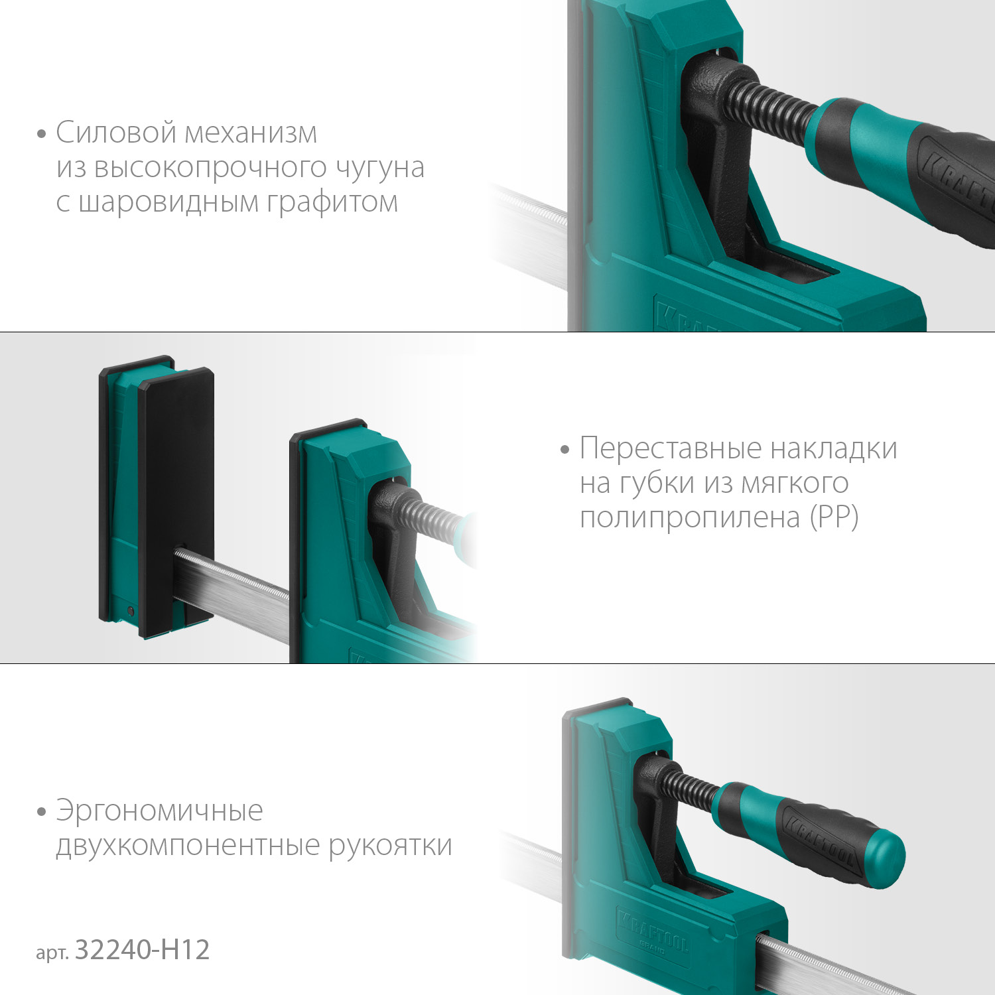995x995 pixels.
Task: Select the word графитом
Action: pyautogui.click(x=332, y=203)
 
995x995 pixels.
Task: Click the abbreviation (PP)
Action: pyautogui.click(x=834, y=517)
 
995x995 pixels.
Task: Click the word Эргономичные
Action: pyautogui.click(x=160, y=811)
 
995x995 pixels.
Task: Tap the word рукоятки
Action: pyautogui.click(x=391, y=846)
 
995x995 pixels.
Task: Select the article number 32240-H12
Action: pyautogui.click(x=143, y=950)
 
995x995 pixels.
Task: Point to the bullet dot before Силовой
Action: pyautogui.click(x=42, y=134)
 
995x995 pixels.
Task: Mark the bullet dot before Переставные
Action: pyautogui.click(x=565, y=450)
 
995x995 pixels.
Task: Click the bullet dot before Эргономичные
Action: pyautogui.click(x=42, y=812)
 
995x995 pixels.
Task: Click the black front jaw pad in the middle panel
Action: pyautogui.click(x=176, y=501)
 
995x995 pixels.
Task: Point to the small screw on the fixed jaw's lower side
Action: pyautogui.click(x=131, y=610)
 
